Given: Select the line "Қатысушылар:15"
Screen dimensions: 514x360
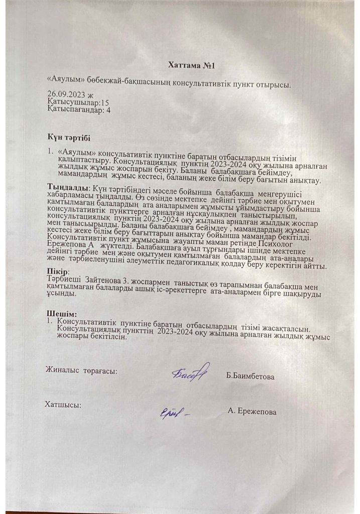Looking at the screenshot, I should pos(70,102).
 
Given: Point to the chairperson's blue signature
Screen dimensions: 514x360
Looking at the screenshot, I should pos(190,372).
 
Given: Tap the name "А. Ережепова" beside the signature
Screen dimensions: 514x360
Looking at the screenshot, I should pos(252,412).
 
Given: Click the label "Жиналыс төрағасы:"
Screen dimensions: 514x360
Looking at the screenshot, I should pos(82,371).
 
